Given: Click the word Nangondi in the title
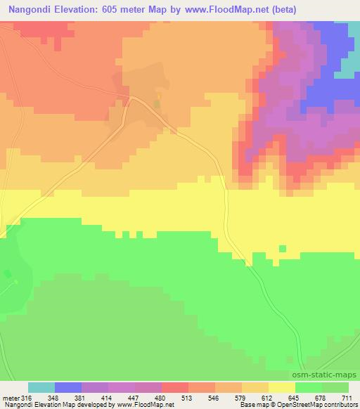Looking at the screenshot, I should pos(29,10).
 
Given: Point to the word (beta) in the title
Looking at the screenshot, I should pos(281,10).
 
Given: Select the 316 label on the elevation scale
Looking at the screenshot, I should pos(28,398).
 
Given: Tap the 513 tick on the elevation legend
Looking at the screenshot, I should pos(188,398).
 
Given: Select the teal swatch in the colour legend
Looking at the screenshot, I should pos(41,387).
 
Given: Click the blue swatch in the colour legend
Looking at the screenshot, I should pos(68,387).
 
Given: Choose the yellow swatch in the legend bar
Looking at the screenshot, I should pos(282,387).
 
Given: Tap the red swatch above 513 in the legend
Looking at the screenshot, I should pos(175,387).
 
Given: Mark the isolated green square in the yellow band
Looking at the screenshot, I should pos(283,248).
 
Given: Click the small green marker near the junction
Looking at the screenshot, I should pos(157,104).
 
